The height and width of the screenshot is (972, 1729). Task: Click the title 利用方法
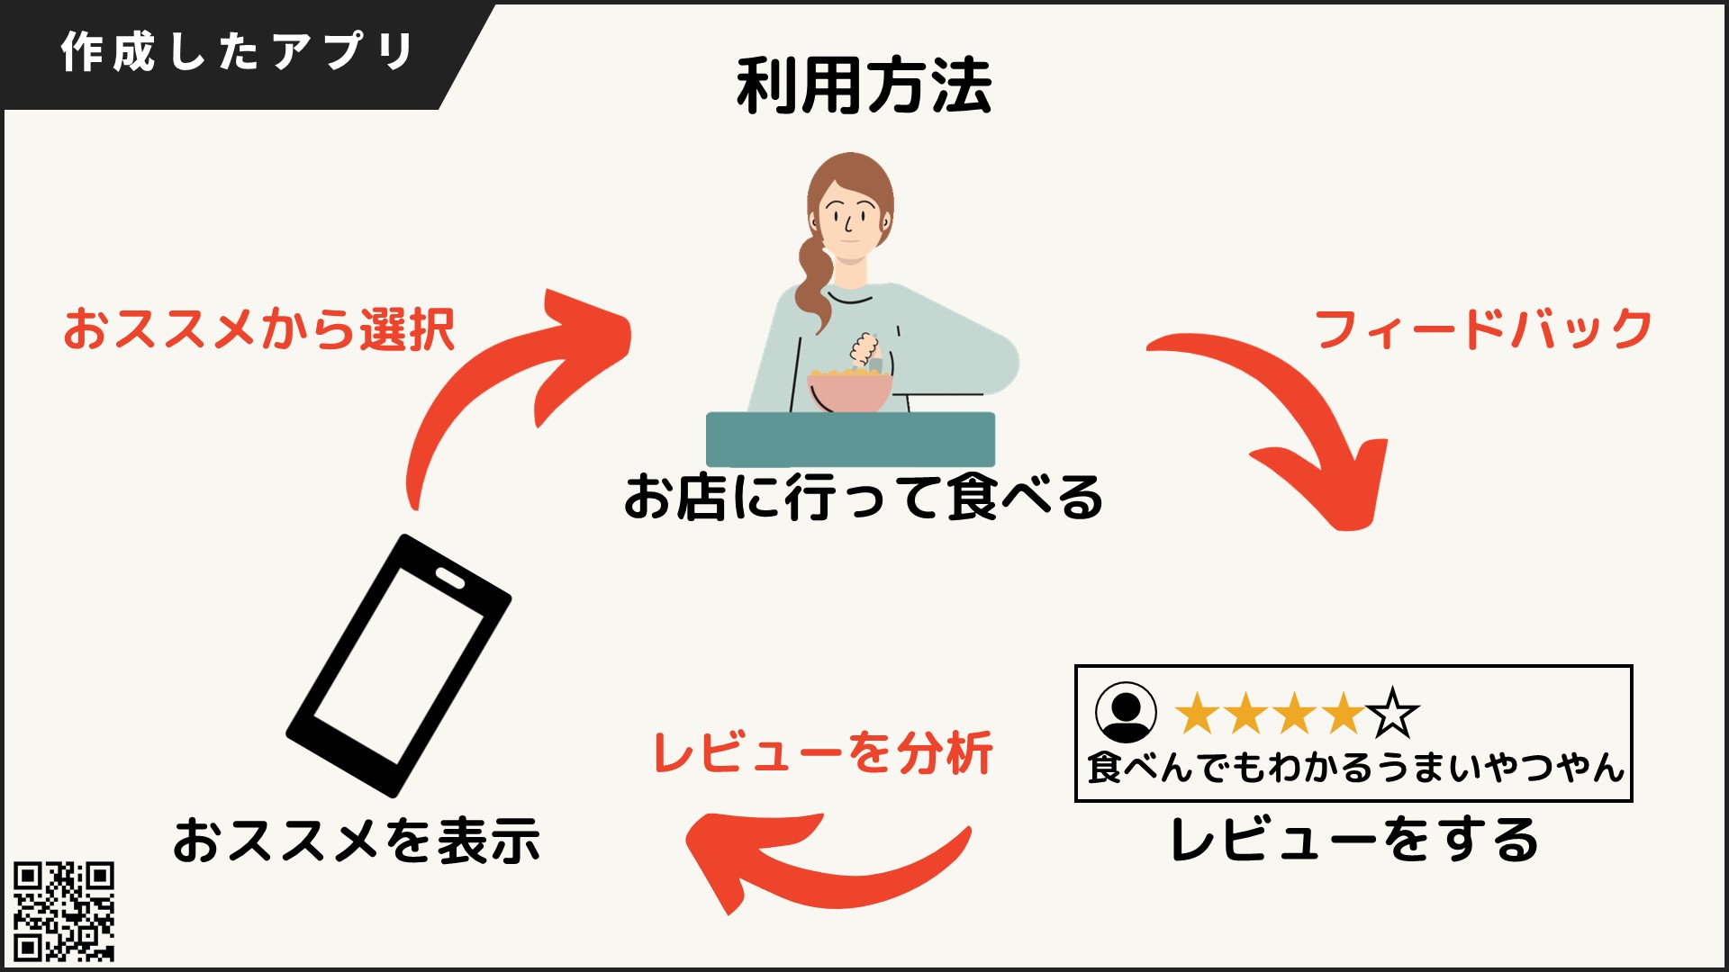click(x=864, y=86)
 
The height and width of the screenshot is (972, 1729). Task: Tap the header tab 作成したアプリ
click(x=237, y=52)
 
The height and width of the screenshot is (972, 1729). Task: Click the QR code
click(x=64, y=911)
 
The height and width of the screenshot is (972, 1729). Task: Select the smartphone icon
click(x=398, y=666)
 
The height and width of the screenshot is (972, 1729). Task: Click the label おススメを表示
click(x=357, y=841)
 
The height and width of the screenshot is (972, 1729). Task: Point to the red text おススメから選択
click(x=258, y=329)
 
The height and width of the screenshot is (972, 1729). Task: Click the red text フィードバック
click(x=1482, y=329)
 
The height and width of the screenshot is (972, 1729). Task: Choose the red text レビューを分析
click(x=822, y=752)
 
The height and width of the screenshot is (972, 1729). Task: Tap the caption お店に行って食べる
click(x=863, y=497)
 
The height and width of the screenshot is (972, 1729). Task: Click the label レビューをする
click(x=1353, y=841)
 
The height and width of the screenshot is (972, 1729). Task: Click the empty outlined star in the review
click(x=1392, y=714)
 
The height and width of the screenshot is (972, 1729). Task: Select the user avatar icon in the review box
click(x=1126, y=712)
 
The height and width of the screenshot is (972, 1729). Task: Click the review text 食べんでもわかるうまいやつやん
click(x=1354, y=768)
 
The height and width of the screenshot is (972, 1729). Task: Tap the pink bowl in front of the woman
click(x=850, y=391)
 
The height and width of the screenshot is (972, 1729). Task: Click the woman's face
click(x=849, y=220)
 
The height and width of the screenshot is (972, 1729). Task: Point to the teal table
click(x=850, y=438)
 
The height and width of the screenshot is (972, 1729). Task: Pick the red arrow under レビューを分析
click(x=810, y=864)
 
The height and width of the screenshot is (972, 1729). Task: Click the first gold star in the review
click(x=1199, y=714)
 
